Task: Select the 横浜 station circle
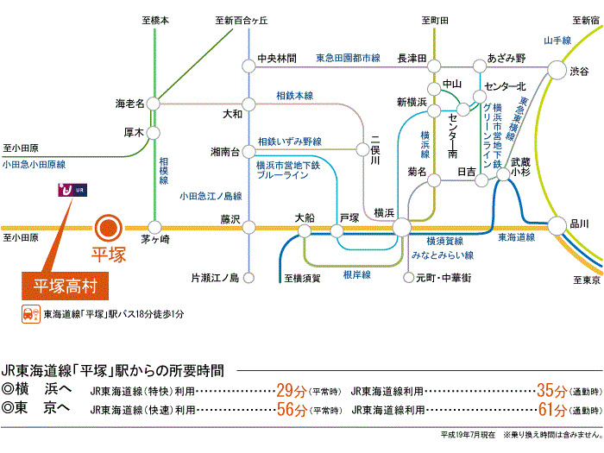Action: click(x=401, y=229)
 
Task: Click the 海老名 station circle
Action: click(x=154, y=103)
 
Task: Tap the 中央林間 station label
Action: click(x=277, y=59)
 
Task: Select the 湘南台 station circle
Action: click(x=248, y=152)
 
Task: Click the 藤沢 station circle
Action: click(x=248, y=229)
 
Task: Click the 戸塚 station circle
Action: click(x=338, y=231)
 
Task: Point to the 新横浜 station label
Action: click(x=412, y=102)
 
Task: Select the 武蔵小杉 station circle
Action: click(x=504, y=176)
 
